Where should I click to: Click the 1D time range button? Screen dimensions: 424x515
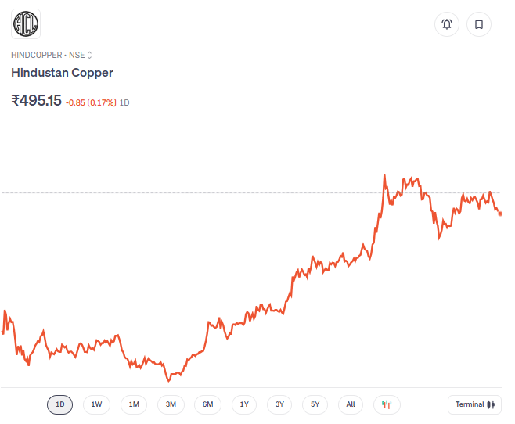60,404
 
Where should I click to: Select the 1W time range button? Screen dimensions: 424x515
96,404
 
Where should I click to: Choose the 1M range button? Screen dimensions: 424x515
134,404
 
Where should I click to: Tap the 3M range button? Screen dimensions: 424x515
171,404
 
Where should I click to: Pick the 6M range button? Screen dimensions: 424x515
207,404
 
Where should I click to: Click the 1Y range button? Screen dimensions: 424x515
244,404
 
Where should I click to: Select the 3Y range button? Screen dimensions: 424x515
279,404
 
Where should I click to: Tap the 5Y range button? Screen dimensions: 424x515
315,404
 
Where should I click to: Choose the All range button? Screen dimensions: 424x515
351,404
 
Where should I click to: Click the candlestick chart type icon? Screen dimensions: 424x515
387,404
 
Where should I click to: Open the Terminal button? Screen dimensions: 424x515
475,404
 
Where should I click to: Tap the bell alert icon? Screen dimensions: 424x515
447,24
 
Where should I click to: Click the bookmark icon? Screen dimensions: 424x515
479,24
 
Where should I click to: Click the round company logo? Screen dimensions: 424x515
26,23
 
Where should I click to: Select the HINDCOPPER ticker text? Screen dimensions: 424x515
36,55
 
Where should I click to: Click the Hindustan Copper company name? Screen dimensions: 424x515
62,73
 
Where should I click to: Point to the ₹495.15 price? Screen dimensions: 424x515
36,100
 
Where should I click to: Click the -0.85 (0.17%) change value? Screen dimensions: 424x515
91,102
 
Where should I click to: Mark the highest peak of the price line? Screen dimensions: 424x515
384,176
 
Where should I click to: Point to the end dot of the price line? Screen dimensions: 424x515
500,214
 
